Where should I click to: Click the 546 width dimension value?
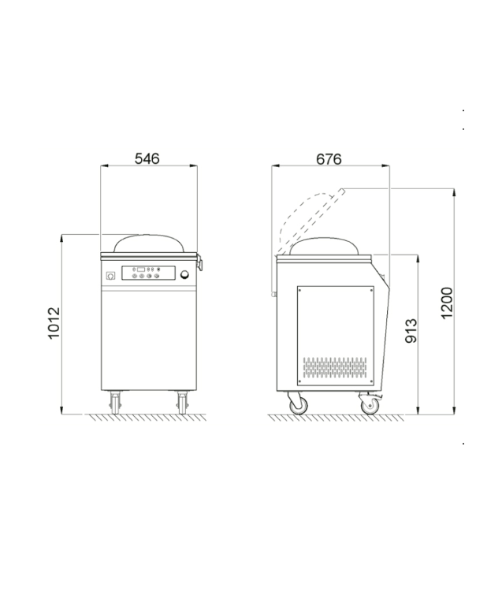[147, 158]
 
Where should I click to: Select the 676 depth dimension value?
[329, 159]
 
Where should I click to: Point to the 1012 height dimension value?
[54, 323]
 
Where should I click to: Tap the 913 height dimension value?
[411, 331]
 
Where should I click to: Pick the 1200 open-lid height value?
[447, 303]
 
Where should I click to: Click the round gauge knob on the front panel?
[185, 275]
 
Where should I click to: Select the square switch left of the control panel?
[110, 276]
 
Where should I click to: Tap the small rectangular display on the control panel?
[141, 269]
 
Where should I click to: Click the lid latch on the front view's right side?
[200, 262]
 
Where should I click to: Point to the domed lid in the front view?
[148, 243]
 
